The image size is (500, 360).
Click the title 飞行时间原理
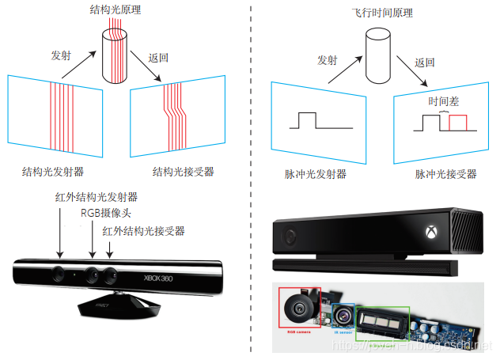click(382, 13)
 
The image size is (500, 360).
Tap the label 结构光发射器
click(54, 171)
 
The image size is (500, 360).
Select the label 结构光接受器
click(183, 171)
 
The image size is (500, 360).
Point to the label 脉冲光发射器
click(316, 173)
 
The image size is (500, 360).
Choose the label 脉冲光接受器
click(445, 173)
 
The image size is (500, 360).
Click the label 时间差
click(442, 101)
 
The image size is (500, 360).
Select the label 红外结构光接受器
click(143, 230)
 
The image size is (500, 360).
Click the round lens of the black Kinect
click(289, 237)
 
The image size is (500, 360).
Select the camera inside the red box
click(300, 309)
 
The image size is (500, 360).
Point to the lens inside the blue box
click(345, 316)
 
